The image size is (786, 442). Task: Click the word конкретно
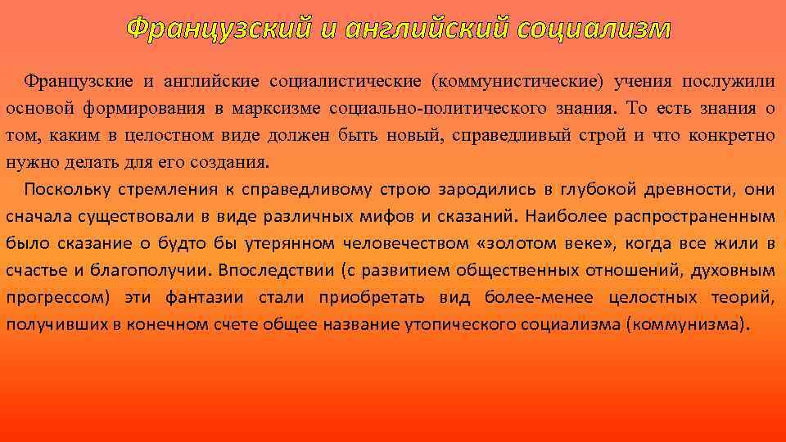coord(733,135)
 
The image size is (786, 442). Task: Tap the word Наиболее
coord(565,216)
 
